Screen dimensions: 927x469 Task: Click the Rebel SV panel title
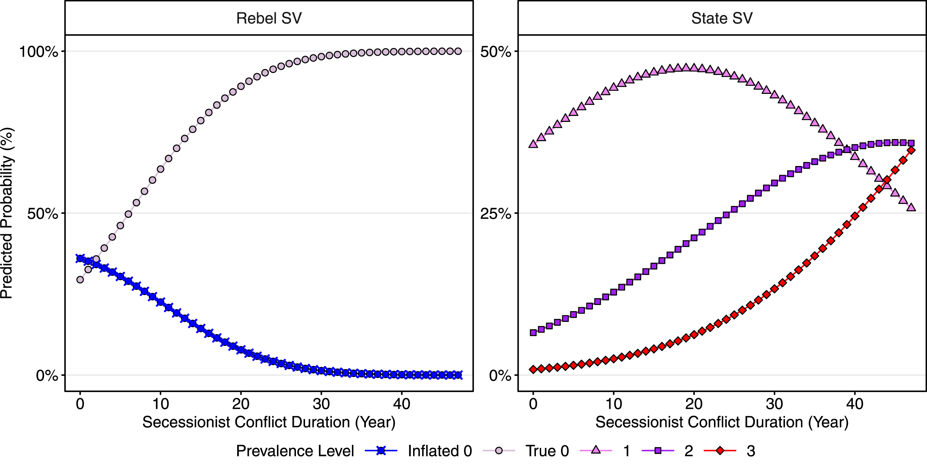click(x=269, y=18)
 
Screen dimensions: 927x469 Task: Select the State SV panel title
click(x=722, y=18)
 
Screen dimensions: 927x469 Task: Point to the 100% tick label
click(x=38, y=51)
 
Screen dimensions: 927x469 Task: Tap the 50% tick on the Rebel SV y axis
click(x=42, y=214)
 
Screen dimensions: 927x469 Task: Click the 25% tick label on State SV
click(x=496, y=214)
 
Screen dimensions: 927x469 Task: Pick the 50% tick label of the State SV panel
click(x=496, y=51)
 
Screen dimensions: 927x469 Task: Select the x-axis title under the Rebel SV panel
click(x=269, y=422)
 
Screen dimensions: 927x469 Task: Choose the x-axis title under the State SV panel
click(x=722, y=422)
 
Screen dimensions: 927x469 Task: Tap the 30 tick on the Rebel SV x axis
click(x=321, y=404)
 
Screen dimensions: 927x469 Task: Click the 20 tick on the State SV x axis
click(x=694, y=404)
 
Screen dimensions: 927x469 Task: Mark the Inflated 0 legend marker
click(x=381, y=450)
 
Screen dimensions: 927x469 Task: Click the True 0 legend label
click(x=547, y=451)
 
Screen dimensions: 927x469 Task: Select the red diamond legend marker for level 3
click(x=720, y=450)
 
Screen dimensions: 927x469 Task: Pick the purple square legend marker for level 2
click(x=658, y=450)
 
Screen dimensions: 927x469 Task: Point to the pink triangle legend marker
click(x=596, y=450)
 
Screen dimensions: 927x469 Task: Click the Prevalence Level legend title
click(x=295, y=451)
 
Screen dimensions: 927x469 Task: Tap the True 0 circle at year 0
click(x=80, y=280)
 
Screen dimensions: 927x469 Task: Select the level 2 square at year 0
click(x=533, y=332)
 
